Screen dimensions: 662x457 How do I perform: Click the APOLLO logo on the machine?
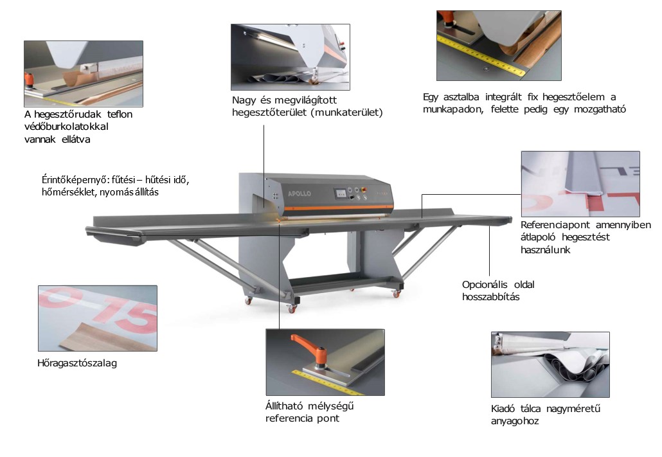click(x=300, y=193)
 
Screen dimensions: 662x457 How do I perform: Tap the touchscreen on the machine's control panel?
click(x=340, y=193)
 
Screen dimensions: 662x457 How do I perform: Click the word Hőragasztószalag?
click(x=77, y=363)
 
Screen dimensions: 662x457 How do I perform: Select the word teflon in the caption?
click(x=120, y=114)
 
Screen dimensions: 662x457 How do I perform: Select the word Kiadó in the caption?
click(x=503, y=408)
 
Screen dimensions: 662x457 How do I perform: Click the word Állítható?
click(x=283, y=406)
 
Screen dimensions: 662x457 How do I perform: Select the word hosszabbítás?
click(x=490, y=296)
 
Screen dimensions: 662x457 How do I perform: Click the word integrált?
click(x=503, y=97)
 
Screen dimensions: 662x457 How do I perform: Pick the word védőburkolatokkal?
click(x=66, y=126)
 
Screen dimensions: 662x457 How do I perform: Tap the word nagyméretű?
click(x=573, y=408)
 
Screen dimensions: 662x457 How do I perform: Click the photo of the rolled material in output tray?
click(x=550, y=364)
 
